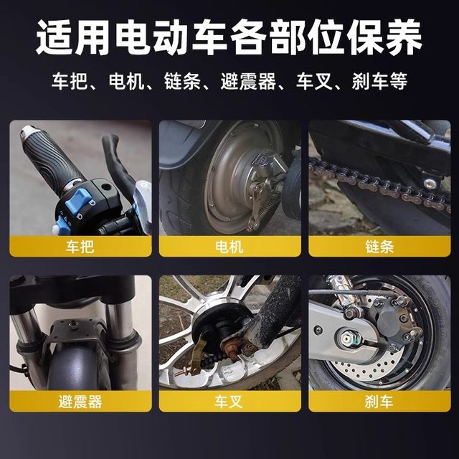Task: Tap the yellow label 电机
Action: pyautogui.click(x=229, y=247)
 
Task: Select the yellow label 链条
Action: pyautogui.click(x=379, y=247)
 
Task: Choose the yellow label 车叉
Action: pyautogui.click(x=229, y=401)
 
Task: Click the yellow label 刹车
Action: pyautogui.click(x=379, y=401)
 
